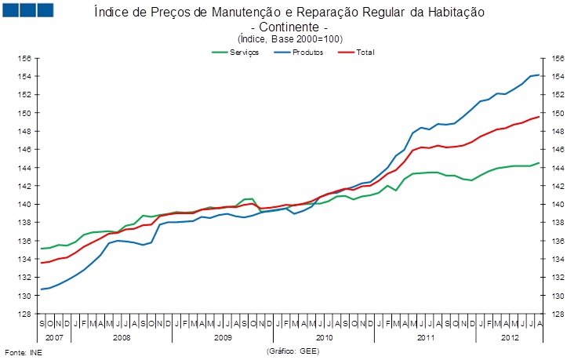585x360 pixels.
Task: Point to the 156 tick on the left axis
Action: [24, 59]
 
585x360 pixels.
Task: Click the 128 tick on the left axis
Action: [24, 315]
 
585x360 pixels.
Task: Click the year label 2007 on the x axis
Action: [53, 336]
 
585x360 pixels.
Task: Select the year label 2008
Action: [122, 336]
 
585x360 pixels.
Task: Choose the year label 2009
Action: [223, 336]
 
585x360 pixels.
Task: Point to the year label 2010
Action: [325, 336]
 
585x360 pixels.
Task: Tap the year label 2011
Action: [426, 336]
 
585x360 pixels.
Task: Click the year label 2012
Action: [510, 336]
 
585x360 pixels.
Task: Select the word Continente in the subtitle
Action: [290, 27]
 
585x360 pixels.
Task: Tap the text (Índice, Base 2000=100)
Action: [290, 38]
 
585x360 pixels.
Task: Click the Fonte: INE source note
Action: [24, 352]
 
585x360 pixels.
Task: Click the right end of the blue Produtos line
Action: [539, 75]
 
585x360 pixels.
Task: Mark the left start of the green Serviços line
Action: [42, 248]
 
